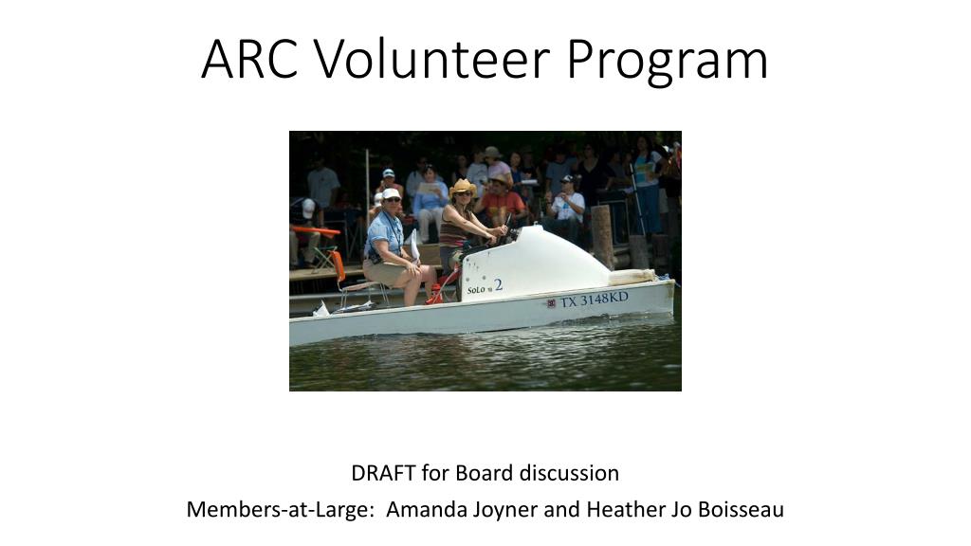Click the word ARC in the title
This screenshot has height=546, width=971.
coord(249,59)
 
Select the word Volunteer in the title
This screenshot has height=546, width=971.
coord(431,59)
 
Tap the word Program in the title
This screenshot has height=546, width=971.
coord(667,62)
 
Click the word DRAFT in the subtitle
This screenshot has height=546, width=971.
coord(383,473)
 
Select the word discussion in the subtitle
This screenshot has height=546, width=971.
coord(569,473)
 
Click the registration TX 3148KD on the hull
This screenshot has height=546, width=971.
coord(594,300)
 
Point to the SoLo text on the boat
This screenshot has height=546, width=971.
coord(476,290)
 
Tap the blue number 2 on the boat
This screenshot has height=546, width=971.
coord(499,285)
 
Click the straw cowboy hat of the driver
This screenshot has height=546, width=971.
coord(463,187)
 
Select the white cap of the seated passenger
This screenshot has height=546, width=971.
coord(390,193)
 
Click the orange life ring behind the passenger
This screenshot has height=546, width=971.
coord(339,265)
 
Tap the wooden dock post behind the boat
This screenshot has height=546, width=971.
coord(601,237)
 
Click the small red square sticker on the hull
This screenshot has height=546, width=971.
coord(551,303)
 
